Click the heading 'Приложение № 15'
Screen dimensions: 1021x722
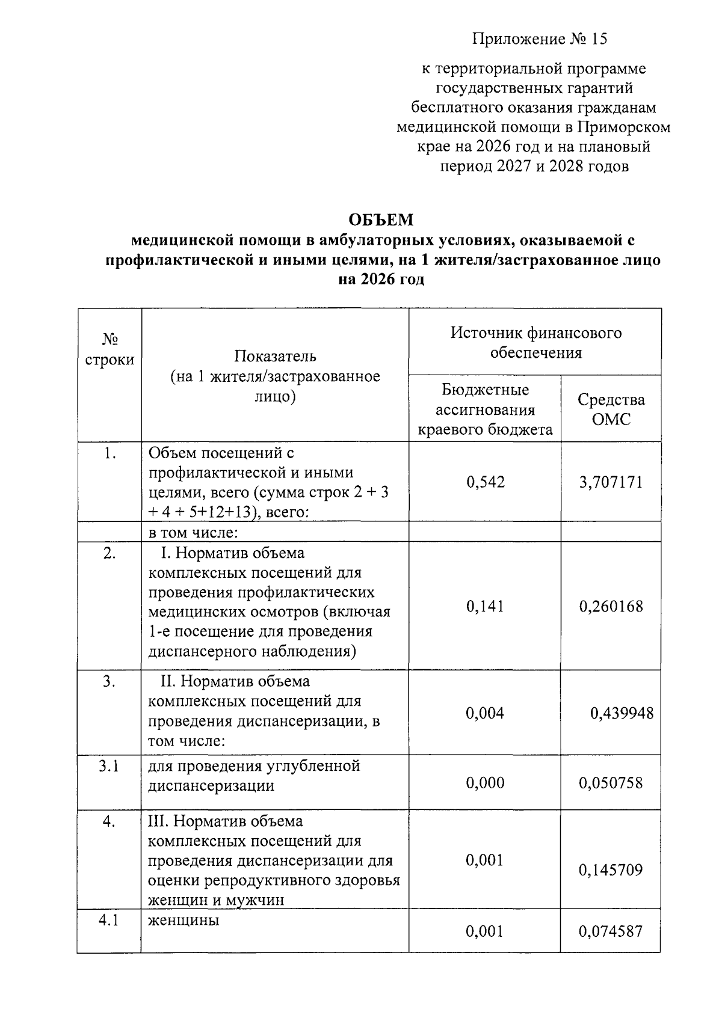pos(540,39)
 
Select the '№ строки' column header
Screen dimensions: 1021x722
pos(110,350)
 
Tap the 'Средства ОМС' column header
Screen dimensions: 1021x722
pos(611,409)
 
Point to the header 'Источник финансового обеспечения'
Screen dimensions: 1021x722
pos(535,342)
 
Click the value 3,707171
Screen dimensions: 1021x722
pos(611,482)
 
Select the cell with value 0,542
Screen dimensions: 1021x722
pos(485,482)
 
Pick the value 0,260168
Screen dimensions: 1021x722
pos(611,606)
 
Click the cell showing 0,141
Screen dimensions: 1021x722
pos(485,606)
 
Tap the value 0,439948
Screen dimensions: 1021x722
pos(621,713)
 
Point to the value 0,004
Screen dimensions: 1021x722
pos(485,713)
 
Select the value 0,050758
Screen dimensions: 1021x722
pos(611,783)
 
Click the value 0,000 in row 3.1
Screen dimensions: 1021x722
pos(485,783)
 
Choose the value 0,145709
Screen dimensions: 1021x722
pos(611,869)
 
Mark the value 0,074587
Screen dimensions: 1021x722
pos(611,931)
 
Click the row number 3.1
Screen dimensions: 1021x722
pos(109,766)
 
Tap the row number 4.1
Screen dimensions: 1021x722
pos(109,921)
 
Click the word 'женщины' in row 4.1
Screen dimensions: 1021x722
pos(184,921)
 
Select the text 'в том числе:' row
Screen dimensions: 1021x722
pos(194,533)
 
